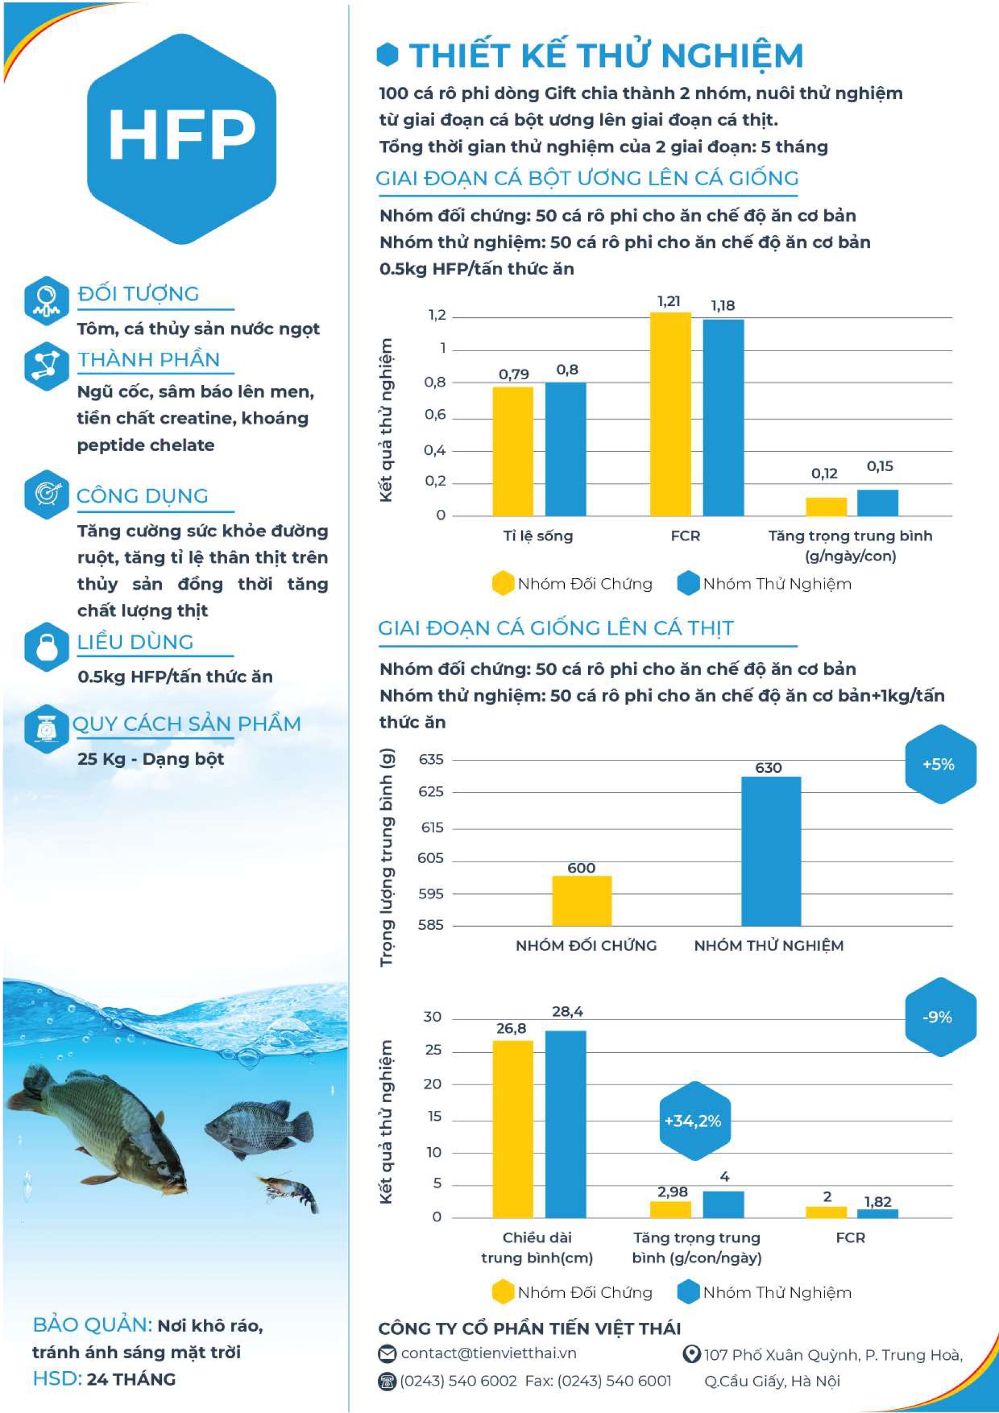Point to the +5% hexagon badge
(x=940, y=764)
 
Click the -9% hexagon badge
(x=940, y=1017)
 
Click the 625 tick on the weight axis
(x=431, y=792)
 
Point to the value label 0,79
(x=513, y=374)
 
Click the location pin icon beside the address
(x=692, y=1354)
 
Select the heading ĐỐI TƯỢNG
(x=139, y=293)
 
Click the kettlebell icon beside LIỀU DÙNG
(x=46, y=647)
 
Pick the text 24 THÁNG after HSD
(x=131, y=1379)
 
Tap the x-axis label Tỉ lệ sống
(x=538, y=536)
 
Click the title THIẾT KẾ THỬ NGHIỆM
(x=605, y=55)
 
